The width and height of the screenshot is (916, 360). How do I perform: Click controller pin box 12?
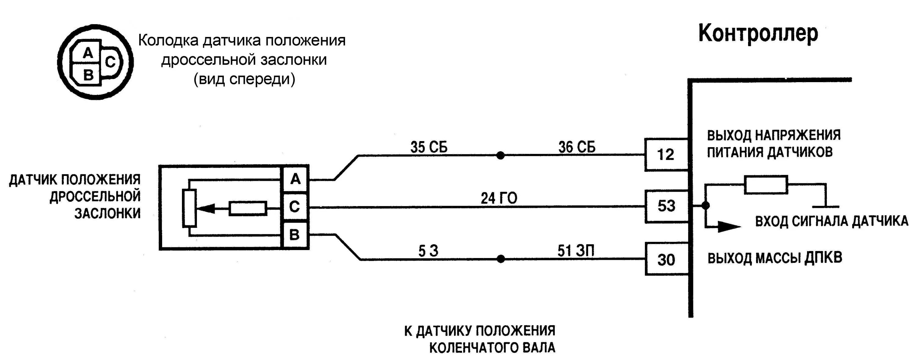tap(666, 155)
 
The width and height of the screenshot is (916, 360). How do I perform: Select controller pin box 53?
tap(666, 206)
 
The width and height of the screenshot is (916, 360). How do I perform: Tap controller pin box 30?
tap(666, 259)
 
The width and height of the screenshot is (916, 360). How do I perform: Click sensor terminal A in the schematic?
tap(295, 179)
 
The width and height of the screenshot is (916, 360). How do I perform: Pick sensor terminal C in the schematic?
tap(294, 206)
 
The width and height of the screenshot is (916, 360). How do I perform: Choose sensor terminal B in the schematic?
tap(294, 235)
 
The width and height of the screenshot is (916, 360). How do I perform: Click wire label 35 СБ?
tap(429, 147)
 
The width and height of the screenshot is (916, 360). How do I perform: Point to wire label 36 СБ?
tap(577, 147)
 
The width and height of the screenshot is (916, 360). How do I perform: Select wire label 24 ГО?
tap(499, 198)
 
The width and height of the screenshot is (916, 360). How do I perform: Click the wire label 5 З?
tap(428, 251)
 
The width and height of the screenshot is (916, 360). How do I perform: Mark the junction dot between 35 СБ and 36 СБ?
tap(500, 155)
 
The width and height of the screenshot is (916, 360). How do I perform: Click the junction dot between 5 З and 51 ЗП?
tap(501, 259)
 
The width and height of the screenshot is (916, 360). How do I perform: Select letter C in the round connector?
tap(110, 63)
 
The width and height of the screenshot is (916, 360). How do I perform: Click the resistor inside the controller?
tap(766, 185)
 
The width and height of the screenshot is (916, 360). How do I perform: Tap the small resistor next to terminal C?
tap(248, 209)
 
